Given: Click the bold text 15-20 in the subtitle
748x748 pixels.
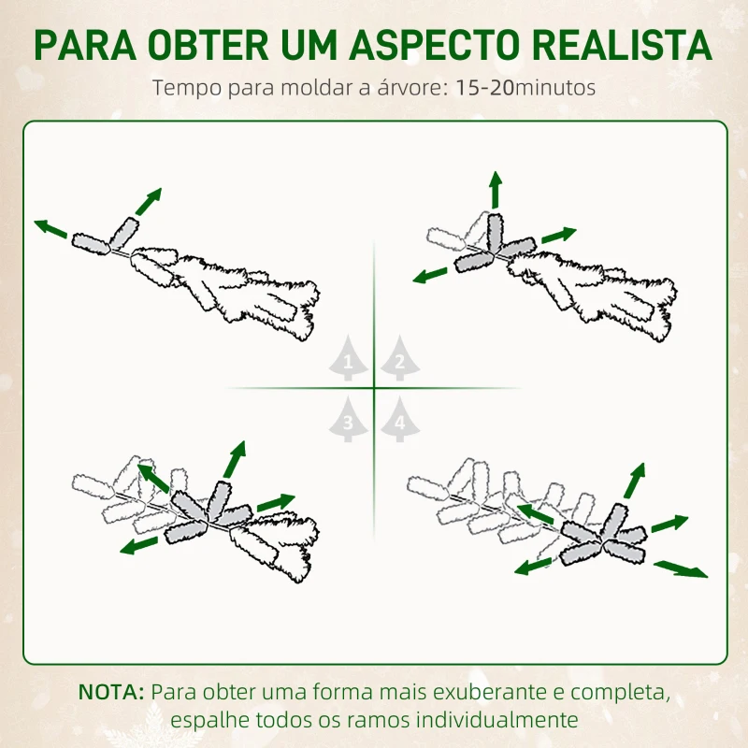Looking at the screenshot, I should [x=483, y=89].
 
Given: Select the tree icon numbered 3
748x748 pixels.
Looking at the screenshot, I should [x=348, y=421].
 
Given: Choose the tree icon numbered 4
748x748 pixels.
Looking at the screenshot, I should [x=399, y=421].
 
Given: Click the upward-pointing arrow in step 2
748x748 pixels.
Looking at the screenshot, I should [x=495, y=191].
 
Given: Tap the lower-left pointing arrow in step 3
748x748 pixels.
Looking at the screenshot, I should [x=139, y=544].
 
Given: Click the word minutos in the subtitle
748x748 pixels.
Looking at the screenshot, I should [x=554, y=89].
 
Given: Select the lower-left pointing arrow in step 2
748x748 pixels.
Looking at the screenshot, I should [x=431, y=274].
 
